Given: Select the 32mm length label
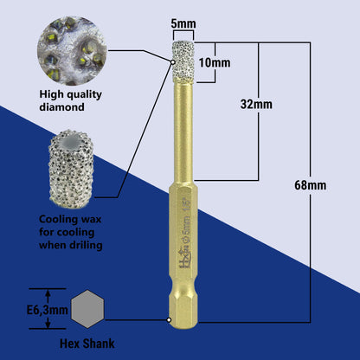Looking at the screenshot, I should point(258,105).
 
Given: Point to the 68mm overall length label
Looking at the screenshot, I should point(309,184).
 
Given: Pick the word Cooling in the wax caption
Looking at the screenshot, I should point(52,220).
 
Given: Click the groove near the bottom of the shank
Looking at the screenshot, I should point(181,305).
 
